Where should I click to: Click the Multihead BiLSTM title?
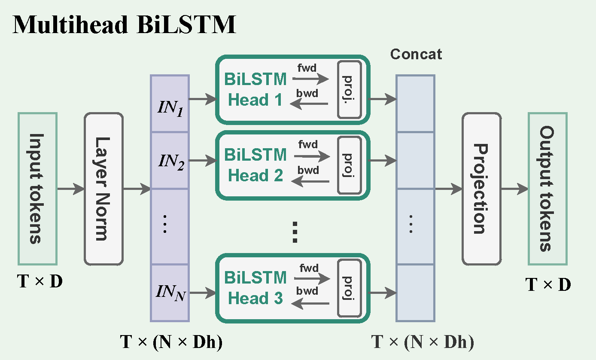(124, 24)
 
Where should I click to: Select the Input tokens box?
(37, 189)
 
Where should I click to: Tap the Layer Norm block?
(104, 189)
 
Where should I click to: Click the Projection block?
(482, 189)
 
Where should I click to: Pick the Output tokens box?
(547, 189)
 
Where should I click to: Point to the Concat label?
(416, 54)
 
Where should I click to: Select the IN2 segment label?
(171, 162)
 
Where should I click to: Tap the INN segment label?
(171, 293)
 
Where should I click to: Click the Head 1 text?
(255, 100)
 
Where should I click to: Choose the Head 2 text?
(255, 175)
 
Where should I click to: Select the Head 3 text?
(255, 298)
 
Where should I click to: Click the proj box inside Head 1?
(350, 89)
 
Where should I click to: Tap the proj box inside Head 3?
(350, 288)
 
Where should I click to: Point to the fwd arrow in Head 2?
(312, 156)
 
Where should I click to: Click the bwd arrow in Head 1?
(309, 104)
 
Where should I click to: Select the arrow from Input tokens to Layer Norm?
(71, 189)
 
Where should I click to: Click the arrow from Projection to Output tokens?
(514, 189)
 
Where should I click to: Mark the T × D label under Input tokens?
(40, 281)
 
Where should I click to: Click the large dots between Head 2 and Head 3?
(295, 232)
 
